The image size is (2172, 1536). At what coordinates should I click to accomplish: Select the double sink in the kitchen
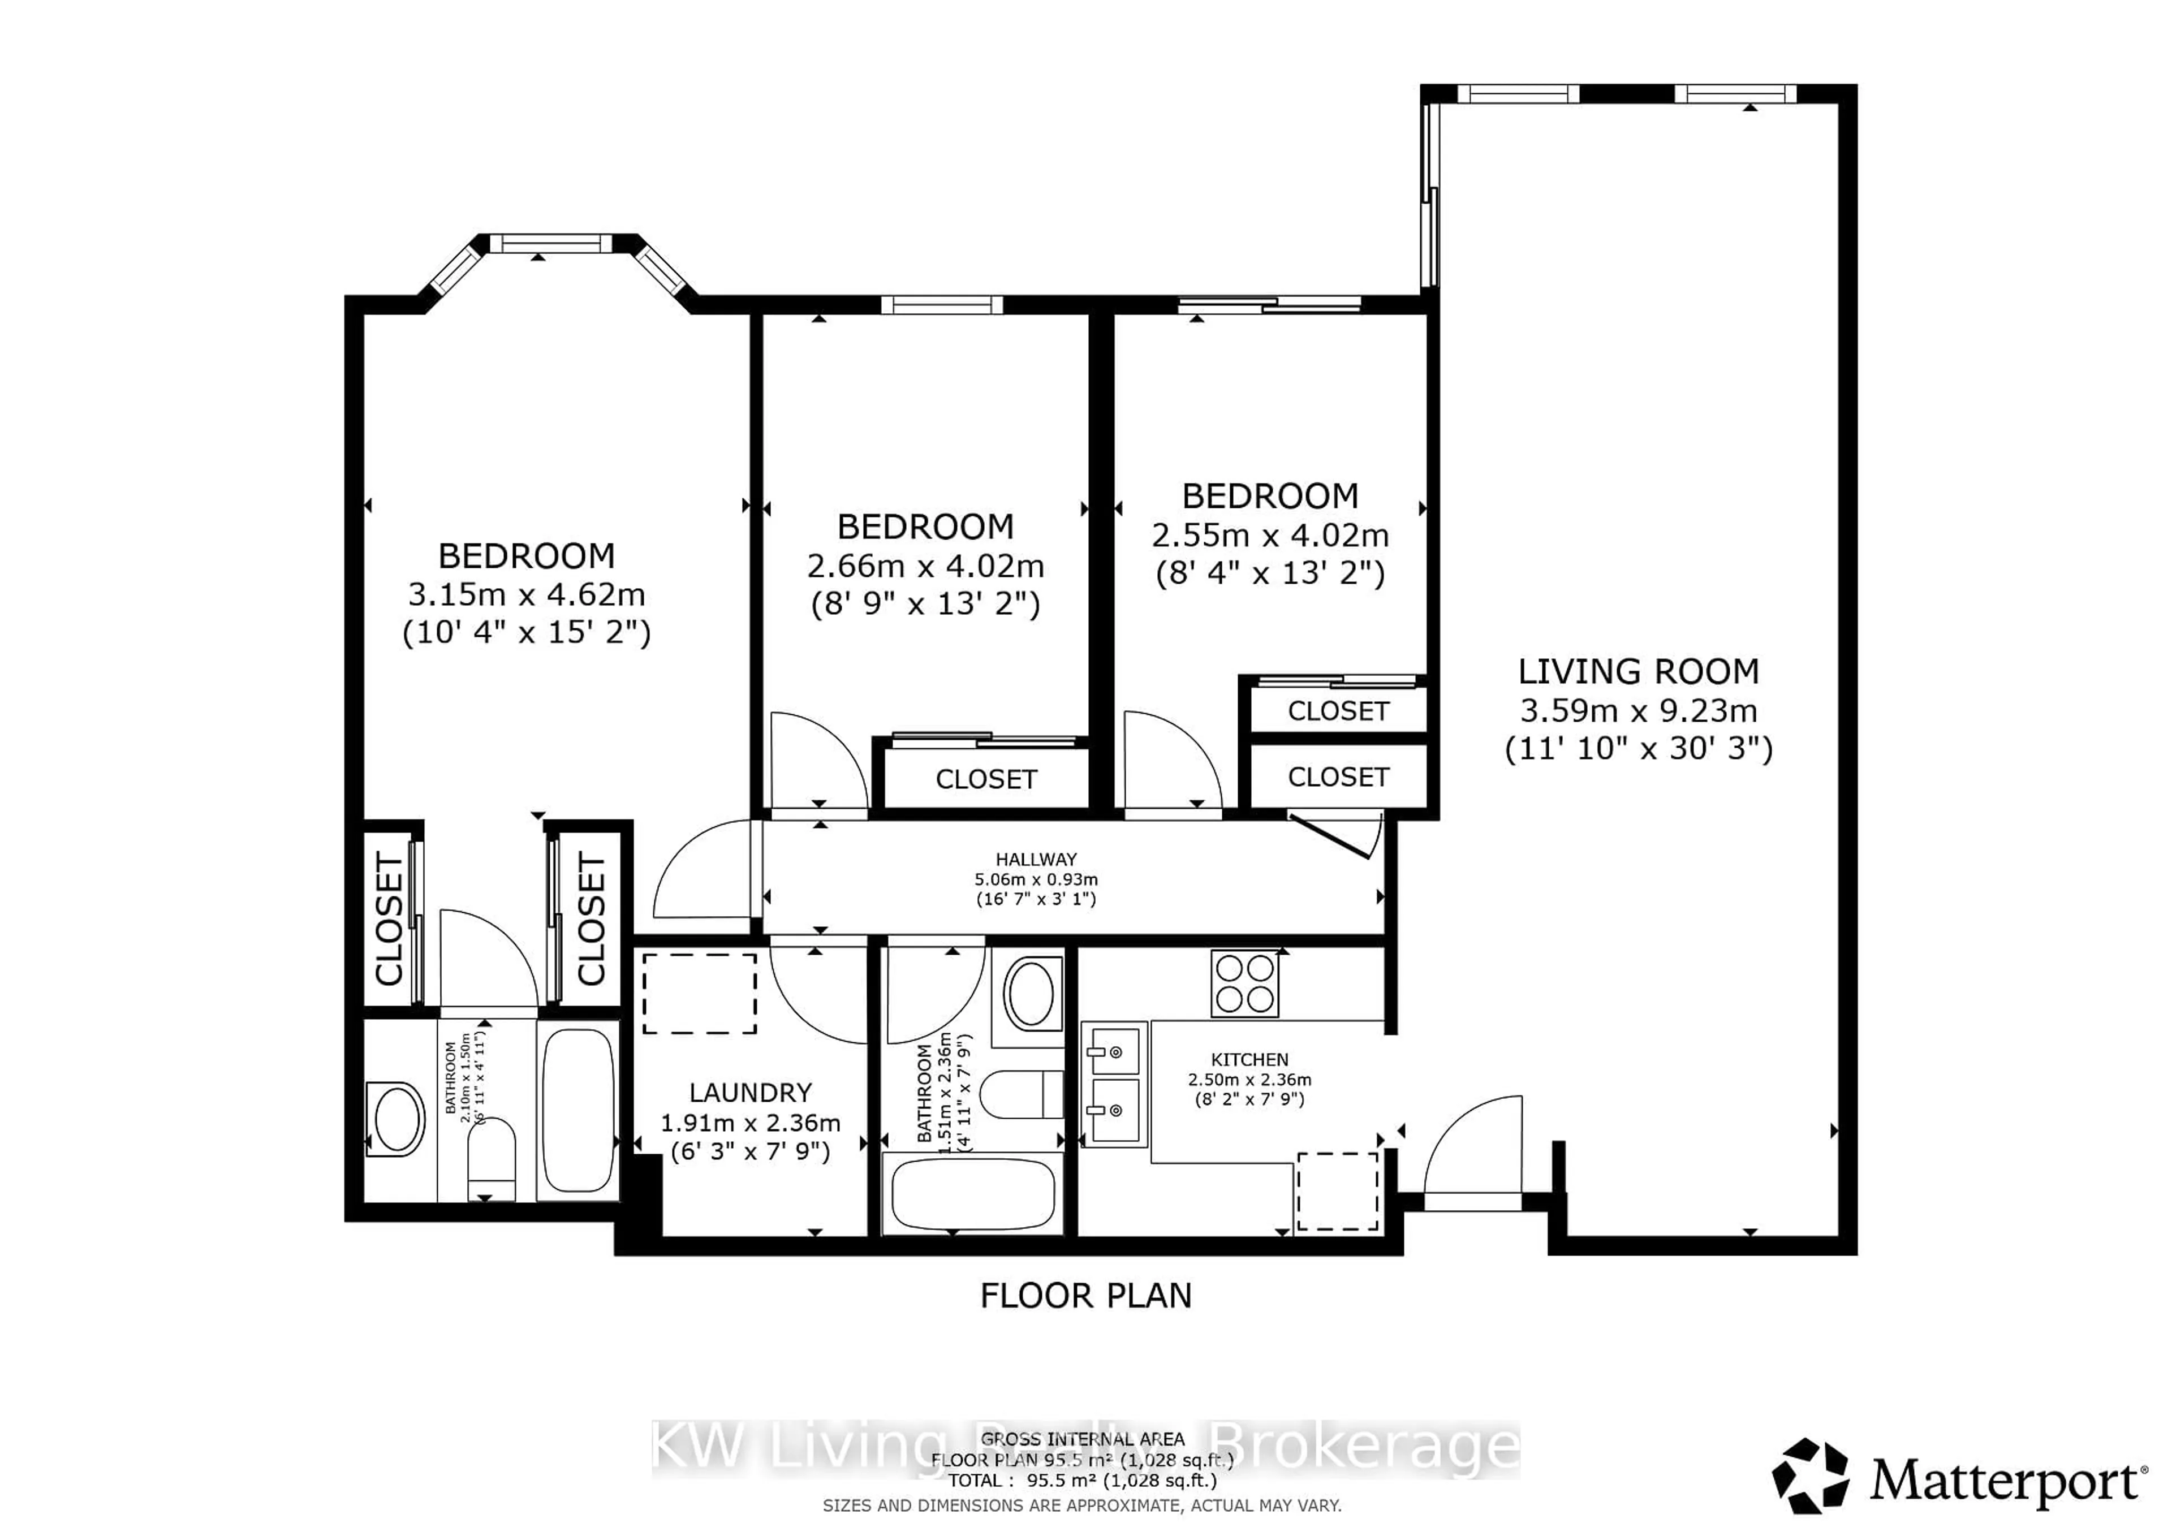pyautogui.click(x=1114, y=1083)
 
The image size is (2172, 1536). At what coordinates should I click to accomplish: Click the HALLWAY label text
pyautogui.click(x=1036, y=860)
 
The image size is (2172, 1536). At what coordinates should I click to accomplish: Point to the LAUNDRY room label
pyautogui.click(x=750, y=1093)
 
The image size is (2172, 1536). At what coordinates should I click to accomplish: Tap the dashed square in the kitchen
pyautogui.click(x=1337, y=1191)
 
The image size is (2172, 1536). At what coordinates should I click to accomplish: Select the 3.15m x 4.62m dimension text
pyautogui.click(x=526, y=595)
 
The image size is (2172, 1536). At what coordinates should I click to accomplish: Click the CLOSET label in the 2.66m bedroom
pyautogui.click(x=986, y=779)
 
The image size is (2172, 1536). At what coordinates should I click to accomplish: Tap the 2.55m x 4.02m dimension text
pyautogui.click(x=1269, y=536)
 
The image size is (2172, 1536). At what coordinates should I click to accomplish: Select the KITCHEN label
pyautogui.click(x=1249, y=1059)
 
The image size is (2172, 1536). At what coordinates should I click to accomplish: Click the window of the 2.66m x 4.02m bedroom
pyautogui.click(x=941, y=305)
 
